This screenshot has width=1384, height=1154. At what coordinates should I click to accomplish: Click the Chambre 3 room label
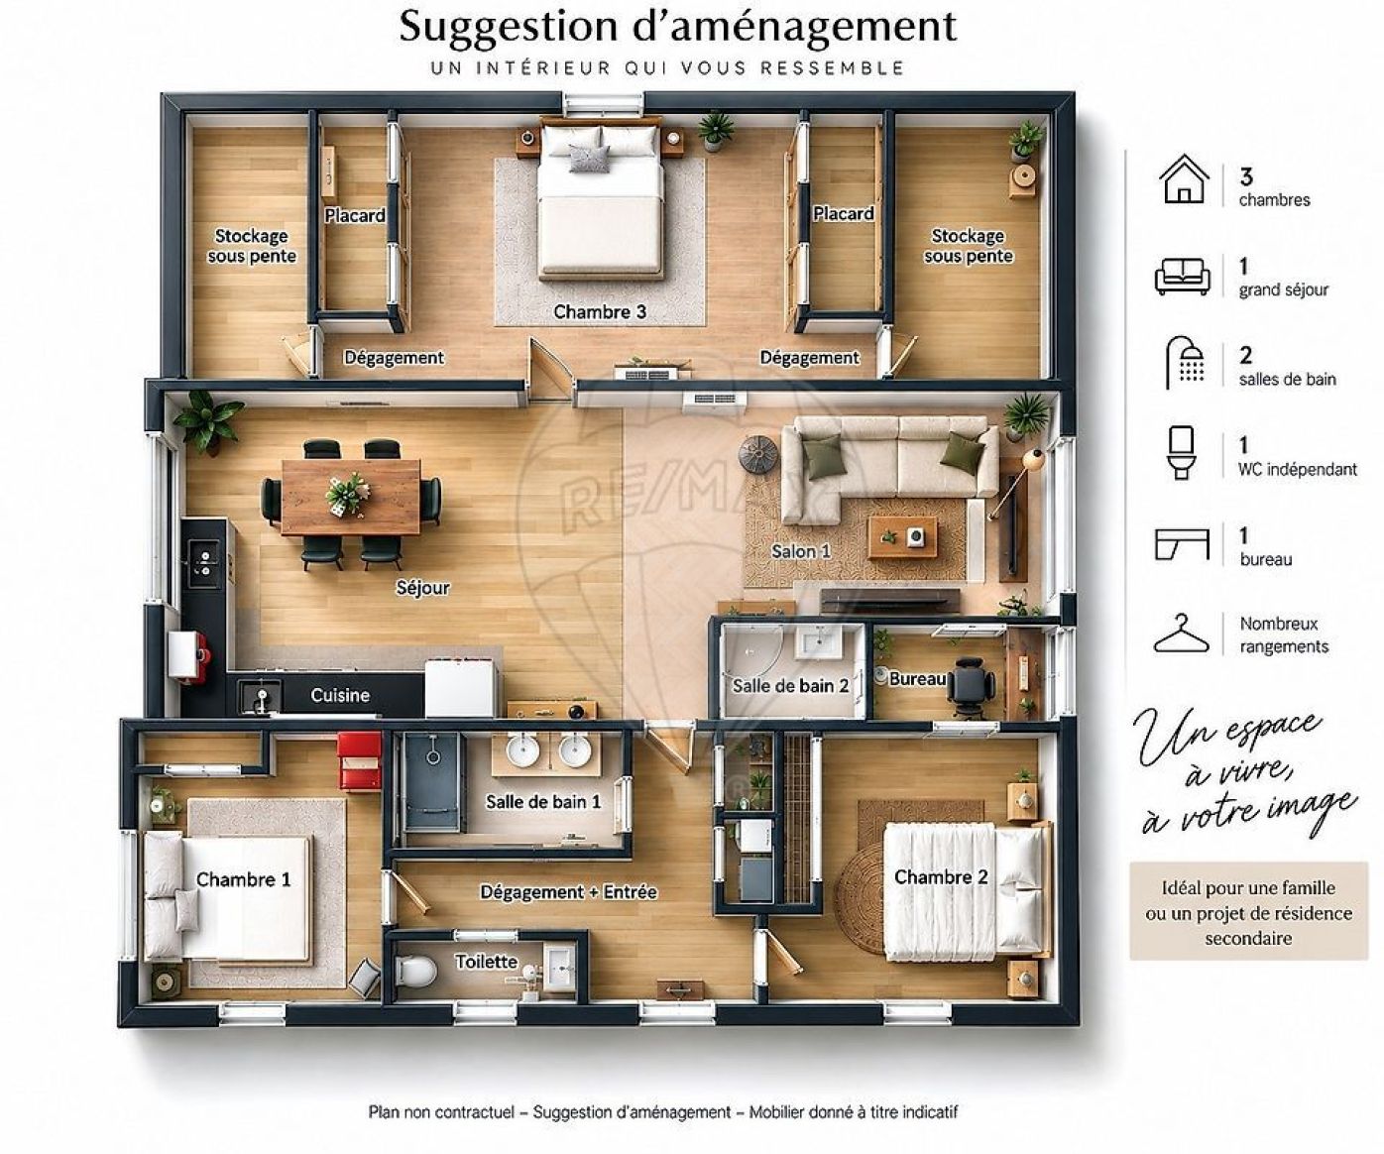pos(599,311)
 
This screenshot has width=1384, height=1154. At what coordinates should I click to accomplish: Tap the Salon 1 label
pos(801,551)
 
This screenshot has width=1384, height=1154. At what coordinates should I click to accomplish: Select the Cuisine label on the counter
pos(340,695)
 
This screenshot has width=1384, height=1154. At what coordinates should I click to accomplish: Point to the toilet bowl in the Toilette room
pos(415,971)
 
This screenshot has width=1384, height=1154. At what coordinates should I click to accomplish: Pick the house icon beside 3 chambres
pos(1184,179)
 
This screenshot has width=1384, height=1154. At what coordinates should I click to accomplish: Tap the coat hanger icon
pos(1181,635)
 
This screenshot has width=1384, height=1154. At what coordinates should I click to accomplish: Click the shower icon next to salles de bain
pos(1185,362)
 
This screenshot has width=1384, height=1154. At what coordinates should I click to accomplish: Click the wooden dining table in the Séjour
pos(351,497)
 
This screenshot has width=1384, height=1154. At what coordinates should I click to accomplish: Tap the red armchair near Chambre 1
pos(360,760)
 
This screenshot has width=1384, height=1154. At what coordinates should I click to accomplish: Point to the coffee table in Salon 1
pos(903,538)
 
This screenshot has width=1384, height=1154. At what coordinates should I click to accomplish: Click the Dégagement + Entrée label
pos(569,892)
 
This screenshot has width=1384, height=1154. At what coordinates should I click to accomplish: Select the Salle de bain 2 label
pos(790,685)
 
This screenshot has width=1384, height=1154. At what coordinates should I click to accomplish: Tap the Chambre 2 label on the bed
pos(941,877)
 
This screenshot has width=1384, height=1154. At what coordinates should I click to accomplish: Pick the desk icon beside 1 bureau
pos(1181,545)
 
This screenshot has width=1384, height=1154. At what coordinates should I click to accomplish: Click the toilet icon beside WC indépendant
pos(1181,452)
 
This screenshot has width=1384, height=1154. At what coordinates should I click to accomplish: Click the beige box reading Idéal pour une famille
pos(1249,911)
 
